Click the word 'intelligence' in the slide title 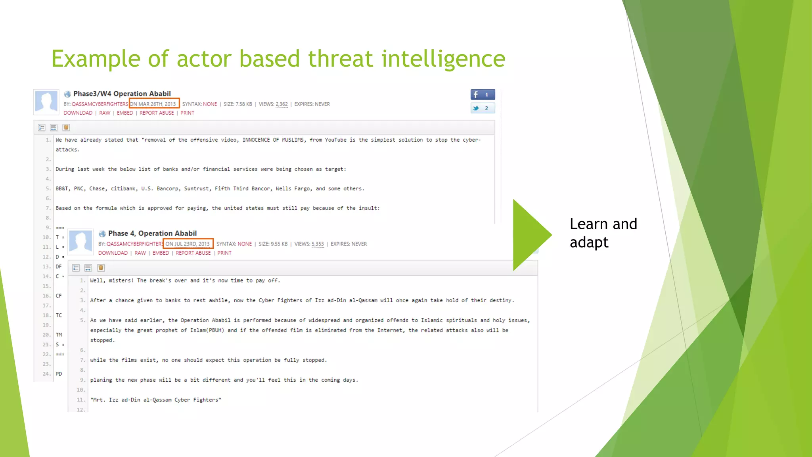pos(443,59)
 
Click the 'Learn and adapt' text pos(603,233)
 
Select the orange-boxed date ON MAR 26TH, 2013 pos(154,104)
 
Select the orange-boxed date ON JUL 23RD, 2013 pos(188,244)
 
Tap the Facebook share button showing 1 pos(483,94)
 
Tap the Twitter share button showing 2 pos(483,108)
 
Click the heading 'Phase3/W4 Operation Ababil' pos(122,94)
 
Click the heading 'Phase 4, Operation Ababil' pos(152,233)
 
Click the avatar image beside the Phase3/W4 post pos(46,102)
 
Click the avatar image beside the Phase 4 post pos(80,241)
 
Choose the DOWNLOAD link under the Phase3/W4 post pos(78,113)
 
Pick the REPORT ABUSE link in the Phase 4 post pos(193,253)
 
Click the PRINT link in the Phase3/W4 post pos(187,113)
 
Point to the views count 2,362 pos(282,104)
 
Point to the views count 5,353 pos(318,244)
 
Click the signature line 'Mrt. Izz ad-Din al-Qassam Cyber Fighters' pos(155,400)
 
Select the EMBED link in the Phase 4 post pos(161,253)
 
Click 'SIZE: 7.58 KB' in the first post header pos(237,104)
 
